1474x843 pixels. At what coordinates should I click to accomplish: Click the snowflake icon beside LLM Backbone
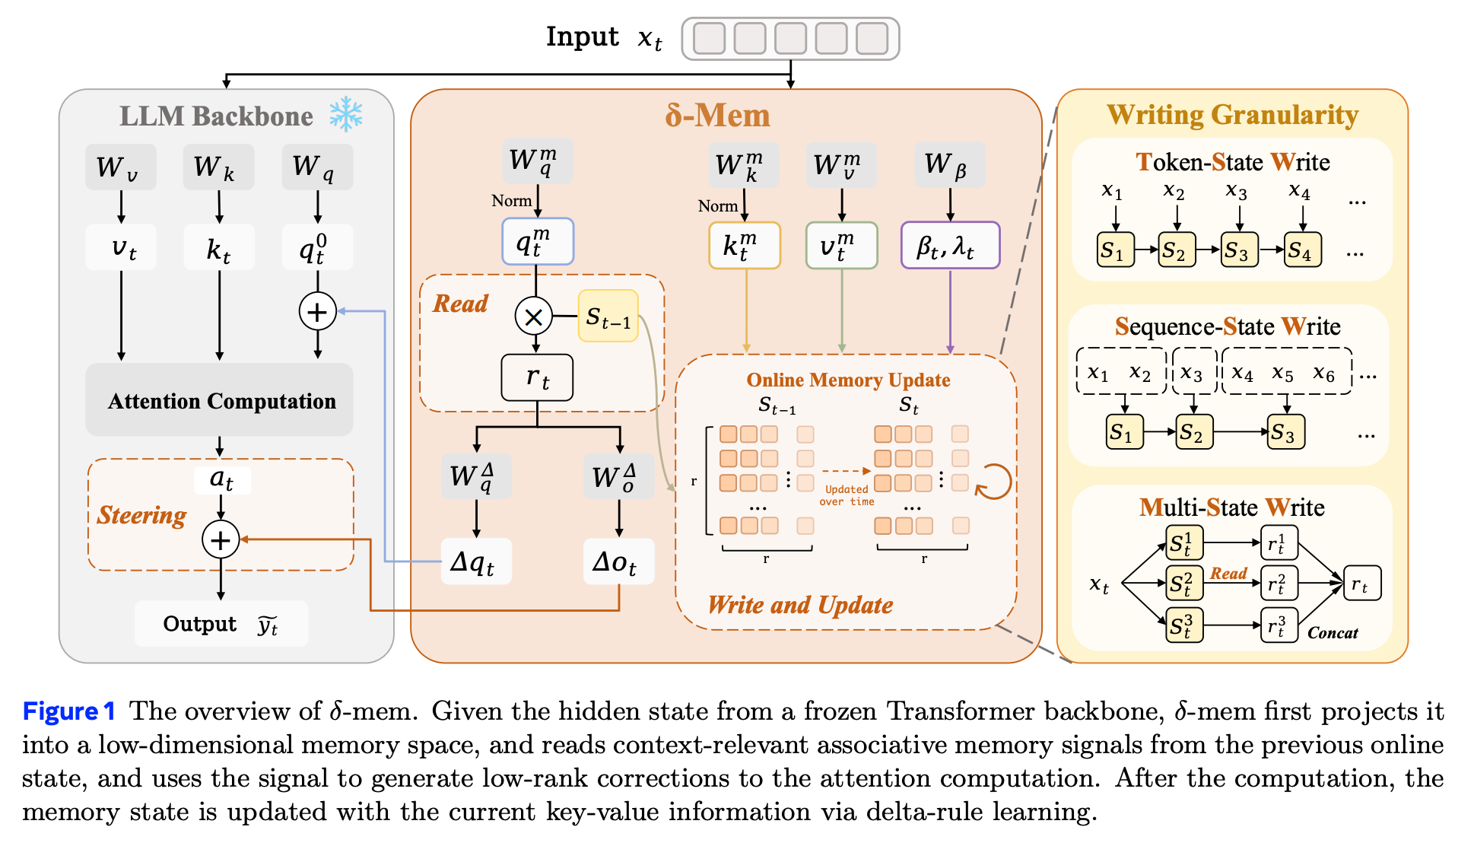(346, 114)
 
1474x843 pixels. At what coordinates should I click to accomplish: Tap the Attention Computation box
(220, 400)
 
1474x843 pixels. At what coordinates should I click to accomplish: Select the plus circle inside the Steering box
(221, 540)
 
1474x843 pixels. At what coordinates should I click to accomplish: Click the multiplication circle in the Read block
(534, 317)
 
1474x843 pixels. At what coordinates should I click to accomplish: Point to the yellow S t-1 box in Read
(608, 316)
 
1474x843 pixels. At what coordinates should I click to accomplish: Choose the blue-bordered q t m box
(538, 242)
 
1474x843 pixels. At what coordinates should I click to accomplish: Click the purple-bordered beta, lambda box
(950, 245)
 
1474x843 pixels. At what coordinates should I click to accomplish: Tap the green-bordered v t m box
(842, 245)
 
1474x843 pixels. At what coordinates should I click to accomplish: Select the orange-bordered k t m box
(745, 245)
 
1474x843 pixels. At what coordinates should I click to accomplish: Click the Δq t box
(476, 561)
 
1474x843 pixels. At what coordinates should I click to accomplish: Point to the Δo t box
(619, 561)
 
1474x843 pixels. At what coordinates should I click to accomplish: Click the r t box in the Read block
(537, 377)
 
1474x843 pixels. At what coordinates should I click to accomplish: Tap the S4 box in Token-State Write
(1303, 250)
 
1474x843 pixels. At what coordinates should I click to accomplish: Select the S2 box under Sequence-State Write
(1194, 432)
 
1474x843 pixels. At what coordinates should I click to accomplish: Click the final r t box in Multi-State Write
(1362, 584)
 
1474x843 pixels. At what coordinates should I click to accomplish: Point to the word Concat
(1333, 632)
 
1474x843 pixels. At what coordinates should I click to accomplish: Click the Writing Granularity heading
(1232, 115)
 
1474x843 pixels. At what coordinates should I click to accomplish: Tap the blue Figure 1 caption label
(68, 711)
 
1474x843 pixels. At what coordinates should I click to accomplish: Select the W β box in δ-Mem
(950, 164)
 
